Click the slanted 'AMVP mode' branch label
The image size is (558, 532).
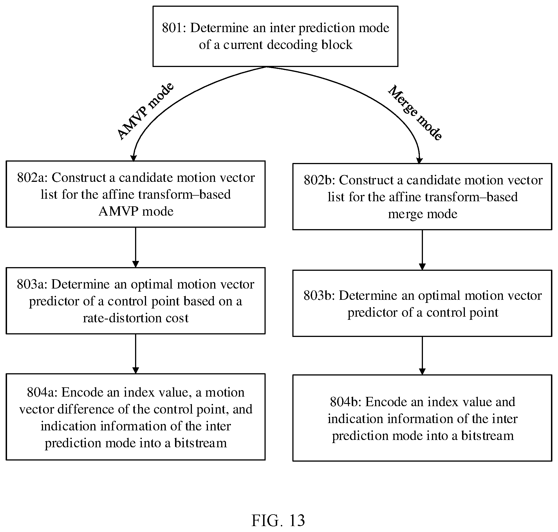coord(145,111)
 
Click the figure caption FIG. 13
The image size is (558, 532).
coord(278,520)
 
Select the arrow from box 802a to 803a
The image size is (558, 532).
coord(136,247)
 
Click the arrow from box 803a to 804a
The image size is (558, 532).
coord(136,354)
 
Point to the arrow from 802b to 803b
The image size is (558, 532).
coord(422,250)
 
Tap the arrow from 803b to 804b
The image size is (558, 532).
coord(422,356)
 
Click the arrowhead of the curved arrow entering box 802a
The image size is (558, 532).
coord(133,158)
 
